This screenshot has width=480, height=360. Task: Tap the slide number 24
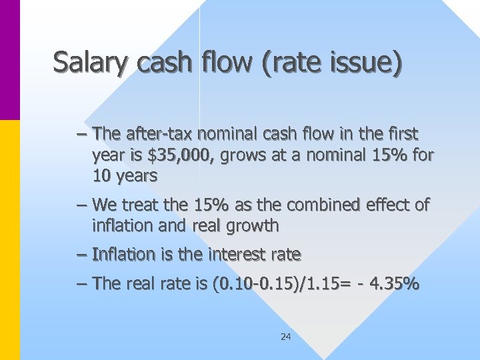coord(285,337)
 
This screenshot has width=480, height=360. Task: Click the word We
coord(105,205)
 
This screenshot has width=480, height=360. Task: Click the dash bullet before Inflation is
coord(82,255)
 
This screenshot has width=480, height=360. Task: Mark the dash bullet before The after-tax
coord(82,133)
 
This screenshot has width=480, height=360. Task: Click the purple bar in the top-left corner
coord(9,60)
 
